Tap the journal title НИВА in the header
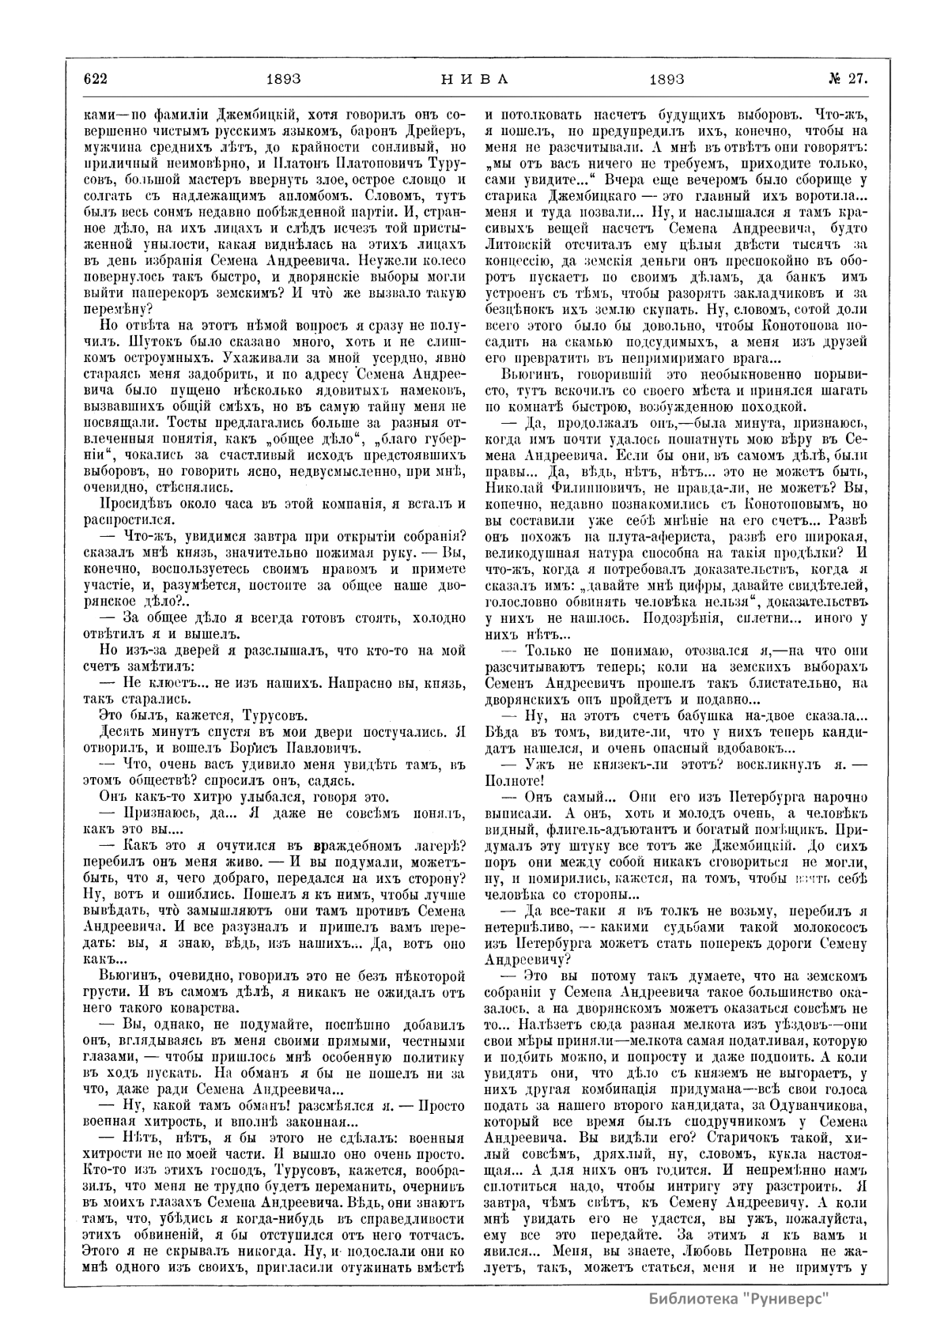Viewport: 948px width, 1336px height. (x=474, y=78)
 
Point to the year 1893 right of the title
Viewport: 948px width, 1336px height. (x=666, y=78)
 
